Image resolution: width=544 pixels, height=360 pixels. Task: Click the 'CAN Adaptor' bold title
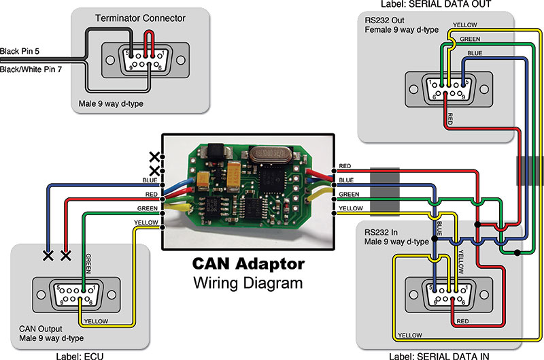coord(248,263)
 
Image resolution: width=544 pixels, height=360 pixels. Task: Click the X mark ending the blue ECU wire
coord(48,256)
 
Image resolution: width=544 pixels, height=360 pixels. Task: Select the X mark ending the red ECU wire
coord(66,256)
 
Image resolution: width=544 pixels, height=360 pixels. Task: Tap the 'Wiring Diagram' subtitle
coord(248,282)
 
